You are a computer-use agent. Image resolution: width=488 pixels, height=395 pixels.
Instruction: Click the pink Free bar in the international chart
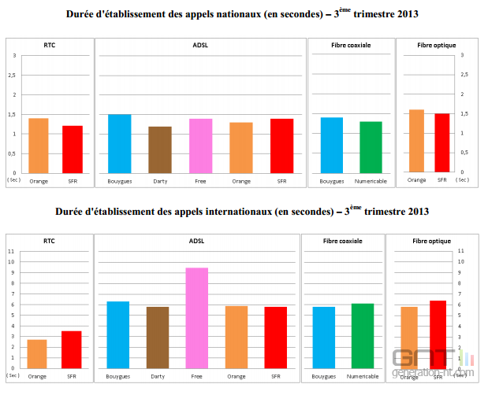[x=197, y=318]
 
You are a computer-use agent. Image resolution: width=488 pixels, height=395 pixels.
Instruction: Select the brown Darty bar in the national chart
[x=160, y=150]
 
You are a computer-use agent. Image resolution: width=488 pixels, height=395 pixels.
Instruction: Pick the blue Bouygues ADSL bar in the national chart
[x=119, y=143]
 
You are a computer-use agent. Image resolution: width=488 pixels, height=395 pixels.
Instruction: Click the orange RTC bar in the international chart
[x=38, y=354]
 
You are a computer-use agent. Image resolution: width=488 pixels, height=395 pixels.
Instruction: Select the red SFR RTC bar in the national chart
[x=73, y=150]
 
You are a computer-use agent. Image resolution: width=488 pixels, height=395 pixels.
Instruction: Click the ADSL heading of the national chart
[x=199, y=45]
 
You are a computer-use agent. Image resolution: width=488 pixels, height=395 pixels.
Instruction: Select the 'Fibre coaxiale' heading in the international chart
[x=342, y=242]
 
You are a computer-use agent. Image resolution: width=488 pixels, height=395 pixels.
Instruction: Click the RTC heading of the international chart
[x=49, y=242]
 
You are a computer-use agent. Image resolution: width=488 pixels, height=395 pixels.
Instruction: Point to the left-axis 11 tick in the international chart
[x=11, y=251]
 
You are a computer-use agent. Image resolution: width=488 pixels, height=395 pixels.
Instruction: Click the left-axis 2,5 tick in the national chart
[x=12, y=75]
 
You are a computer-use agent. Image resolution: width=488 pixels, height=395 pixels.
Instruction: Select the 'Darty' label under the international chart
[x=158, y=377]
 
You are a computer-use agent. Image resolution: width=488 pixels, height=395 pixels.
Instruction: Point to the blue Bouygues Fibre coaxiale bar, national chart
[x=332, y=145]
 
